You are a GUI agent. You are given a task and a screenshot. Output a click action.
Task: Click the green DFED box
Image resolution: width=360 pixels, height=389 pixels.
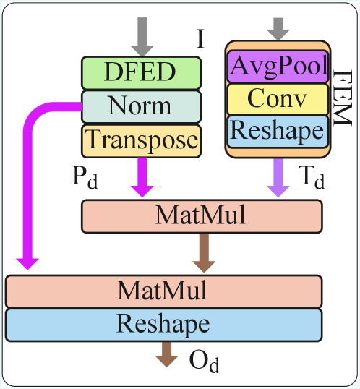tap(140, 72)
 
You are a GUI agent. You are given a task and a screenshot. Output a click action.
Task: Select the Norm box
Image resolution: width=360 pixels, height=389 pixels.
tap(140, 106)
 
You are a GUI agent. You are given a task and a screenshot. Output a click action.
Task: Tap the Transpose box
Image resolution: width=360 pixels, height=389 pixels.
tap(140, 139)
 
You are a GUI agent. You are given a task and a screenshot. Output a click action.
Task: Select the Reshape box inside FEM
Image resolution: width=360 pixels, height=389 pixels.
tap(278, 129)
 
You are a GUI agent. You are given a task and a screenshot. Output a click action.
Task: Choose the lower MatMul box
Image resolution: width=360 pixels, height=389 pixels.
tap(163, 291)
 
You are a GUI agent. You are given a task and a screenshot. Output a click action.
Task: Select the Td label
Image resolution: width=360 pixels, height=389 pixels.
tap(312, 178)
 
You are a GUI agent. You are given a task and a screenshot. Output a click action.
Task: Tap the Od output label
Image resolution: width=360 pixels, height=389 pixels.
tap(204, 359)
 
